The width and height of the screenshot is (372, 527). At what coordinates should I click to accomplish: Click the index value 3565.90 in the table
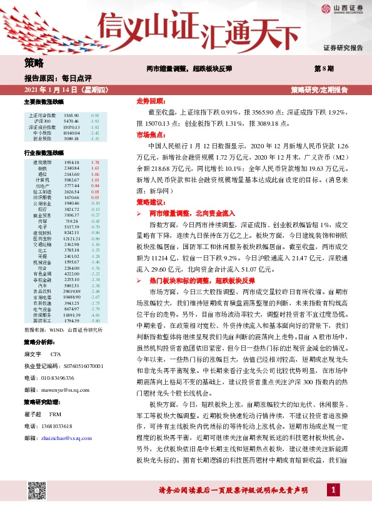click(x=71, y=116)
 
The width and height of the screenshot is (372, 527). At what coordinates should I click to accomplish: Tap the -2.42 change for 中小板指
click(x=95, y=133)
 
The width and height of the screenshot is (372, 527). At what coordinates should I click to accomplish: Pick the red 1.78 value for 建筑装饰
click(x=95, y=162)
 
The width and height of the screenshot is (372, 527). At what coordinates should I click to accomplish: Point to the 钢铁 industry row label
click(x=43, y=168)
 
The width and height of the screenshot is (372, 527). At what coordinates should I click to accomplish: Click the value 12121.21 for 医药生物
click(x=71, y=238)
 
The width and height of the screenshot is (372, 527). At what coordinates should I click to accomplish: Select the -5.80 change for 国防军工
click(x=95, y=321)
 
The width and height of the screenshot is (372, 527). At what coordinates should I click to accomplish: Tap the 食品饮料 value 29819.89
click(x=71, y=291)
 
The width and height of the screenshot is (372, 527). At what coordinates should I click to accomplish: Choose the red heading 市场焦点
click(x=150, y=135)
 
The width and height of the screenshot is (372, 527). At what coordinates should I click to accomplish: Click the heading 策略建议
click(x=150, y=203)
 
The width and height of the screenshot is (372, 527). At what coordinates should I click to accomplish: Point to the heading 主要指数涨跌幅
click(x=44, y=101)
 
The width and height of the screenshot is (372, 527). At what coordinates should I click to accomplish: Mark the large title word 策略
click(x=34, y=63)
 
